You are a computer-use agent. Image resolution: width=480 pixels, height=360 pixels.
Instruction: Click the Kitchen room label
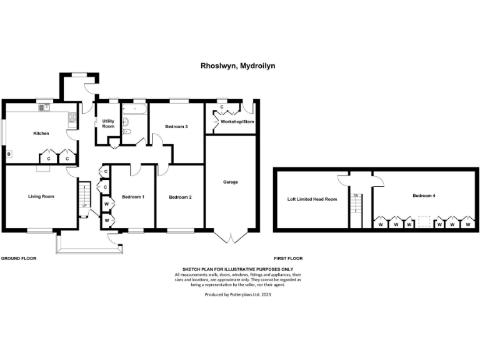tap(41, 133)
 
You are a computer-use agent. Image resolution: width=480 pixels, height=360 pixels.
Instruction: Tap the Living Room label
tap(41, 196)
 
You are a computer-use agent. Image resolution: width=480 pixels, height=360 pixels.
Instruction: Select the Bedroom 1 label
tap(133, 197)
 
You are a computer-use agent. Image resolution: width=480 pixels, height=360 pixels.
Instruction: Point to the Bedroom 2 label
tap(181, 197)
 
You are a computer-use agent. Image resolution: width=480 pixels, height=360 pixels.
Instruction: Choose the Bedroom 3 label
tap(176, 127)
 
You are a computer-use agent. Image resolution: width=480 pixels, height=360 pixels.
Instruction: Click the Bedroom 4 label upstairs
tap(424, 196)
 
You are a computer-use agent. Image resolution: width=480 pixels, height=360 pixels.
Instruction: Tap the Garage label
tap(231, 182)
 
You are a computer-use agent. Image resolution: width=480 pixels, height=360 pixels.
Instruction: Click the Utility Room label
tap(108, 124)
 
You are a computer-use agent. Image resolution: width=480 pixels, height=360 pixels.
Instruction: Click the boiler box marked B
tap(9, 154)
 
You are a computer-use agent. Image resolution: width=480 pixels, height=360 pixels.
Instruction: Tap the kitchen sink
tap(44, 107)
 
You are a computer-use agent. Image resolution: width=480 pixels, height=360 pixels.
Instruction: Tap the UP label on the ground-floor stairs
tap(84, 206)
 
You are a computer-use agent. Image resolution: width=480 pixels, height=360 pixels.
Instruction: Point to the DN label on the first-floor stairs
tap(356, 196)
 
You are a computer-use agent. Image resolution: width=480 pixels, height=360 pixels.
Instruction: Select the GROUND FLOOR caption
tap(18, 257)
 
